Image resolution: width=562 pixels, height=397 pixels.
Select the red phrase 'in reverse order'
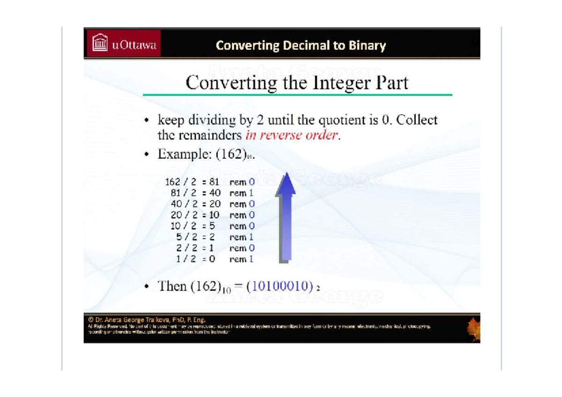291,136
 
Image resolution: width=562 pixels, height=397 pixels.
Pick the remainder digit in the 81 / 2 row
251,193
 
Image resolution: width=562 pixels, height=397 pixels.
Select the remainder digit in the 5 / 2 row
251,237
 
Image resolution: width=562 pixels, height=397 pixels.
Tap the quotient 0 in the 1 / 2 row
212,259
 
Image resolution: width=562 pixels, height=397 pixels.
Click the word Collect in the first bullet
417,120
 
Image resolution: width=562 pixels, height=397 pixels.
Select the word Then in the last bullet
173,286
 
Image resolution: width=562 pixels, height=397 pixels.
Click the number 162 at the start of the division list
173,181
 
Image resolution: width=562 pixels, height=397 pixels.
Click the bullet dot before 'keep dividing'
147,120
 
